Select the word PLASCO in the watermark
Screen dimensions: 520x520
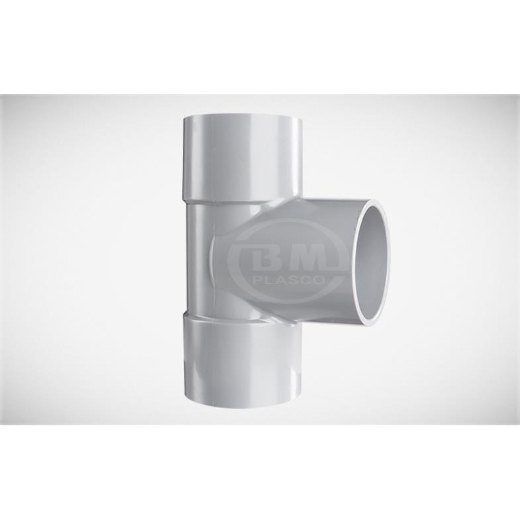pyautogui.click(x=288, y=281)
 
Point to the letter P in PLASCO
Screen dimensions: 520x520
pyautogui.click(x=257, y=281)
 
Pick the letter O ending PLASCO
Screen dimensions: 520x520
pyautogui.click(x=318, y=281)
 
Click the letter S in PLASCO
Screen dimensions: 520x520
pyautogui.click(x=294, y=281)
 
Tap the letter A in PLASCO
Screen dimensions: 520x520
pyautogui.click(x=282, y=281)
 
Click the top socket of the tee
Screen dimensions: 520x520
pyautogui.click(x=242, y=158)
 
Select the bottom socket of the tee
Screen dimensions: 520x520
pyautogui.click(x=242, y=362)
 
